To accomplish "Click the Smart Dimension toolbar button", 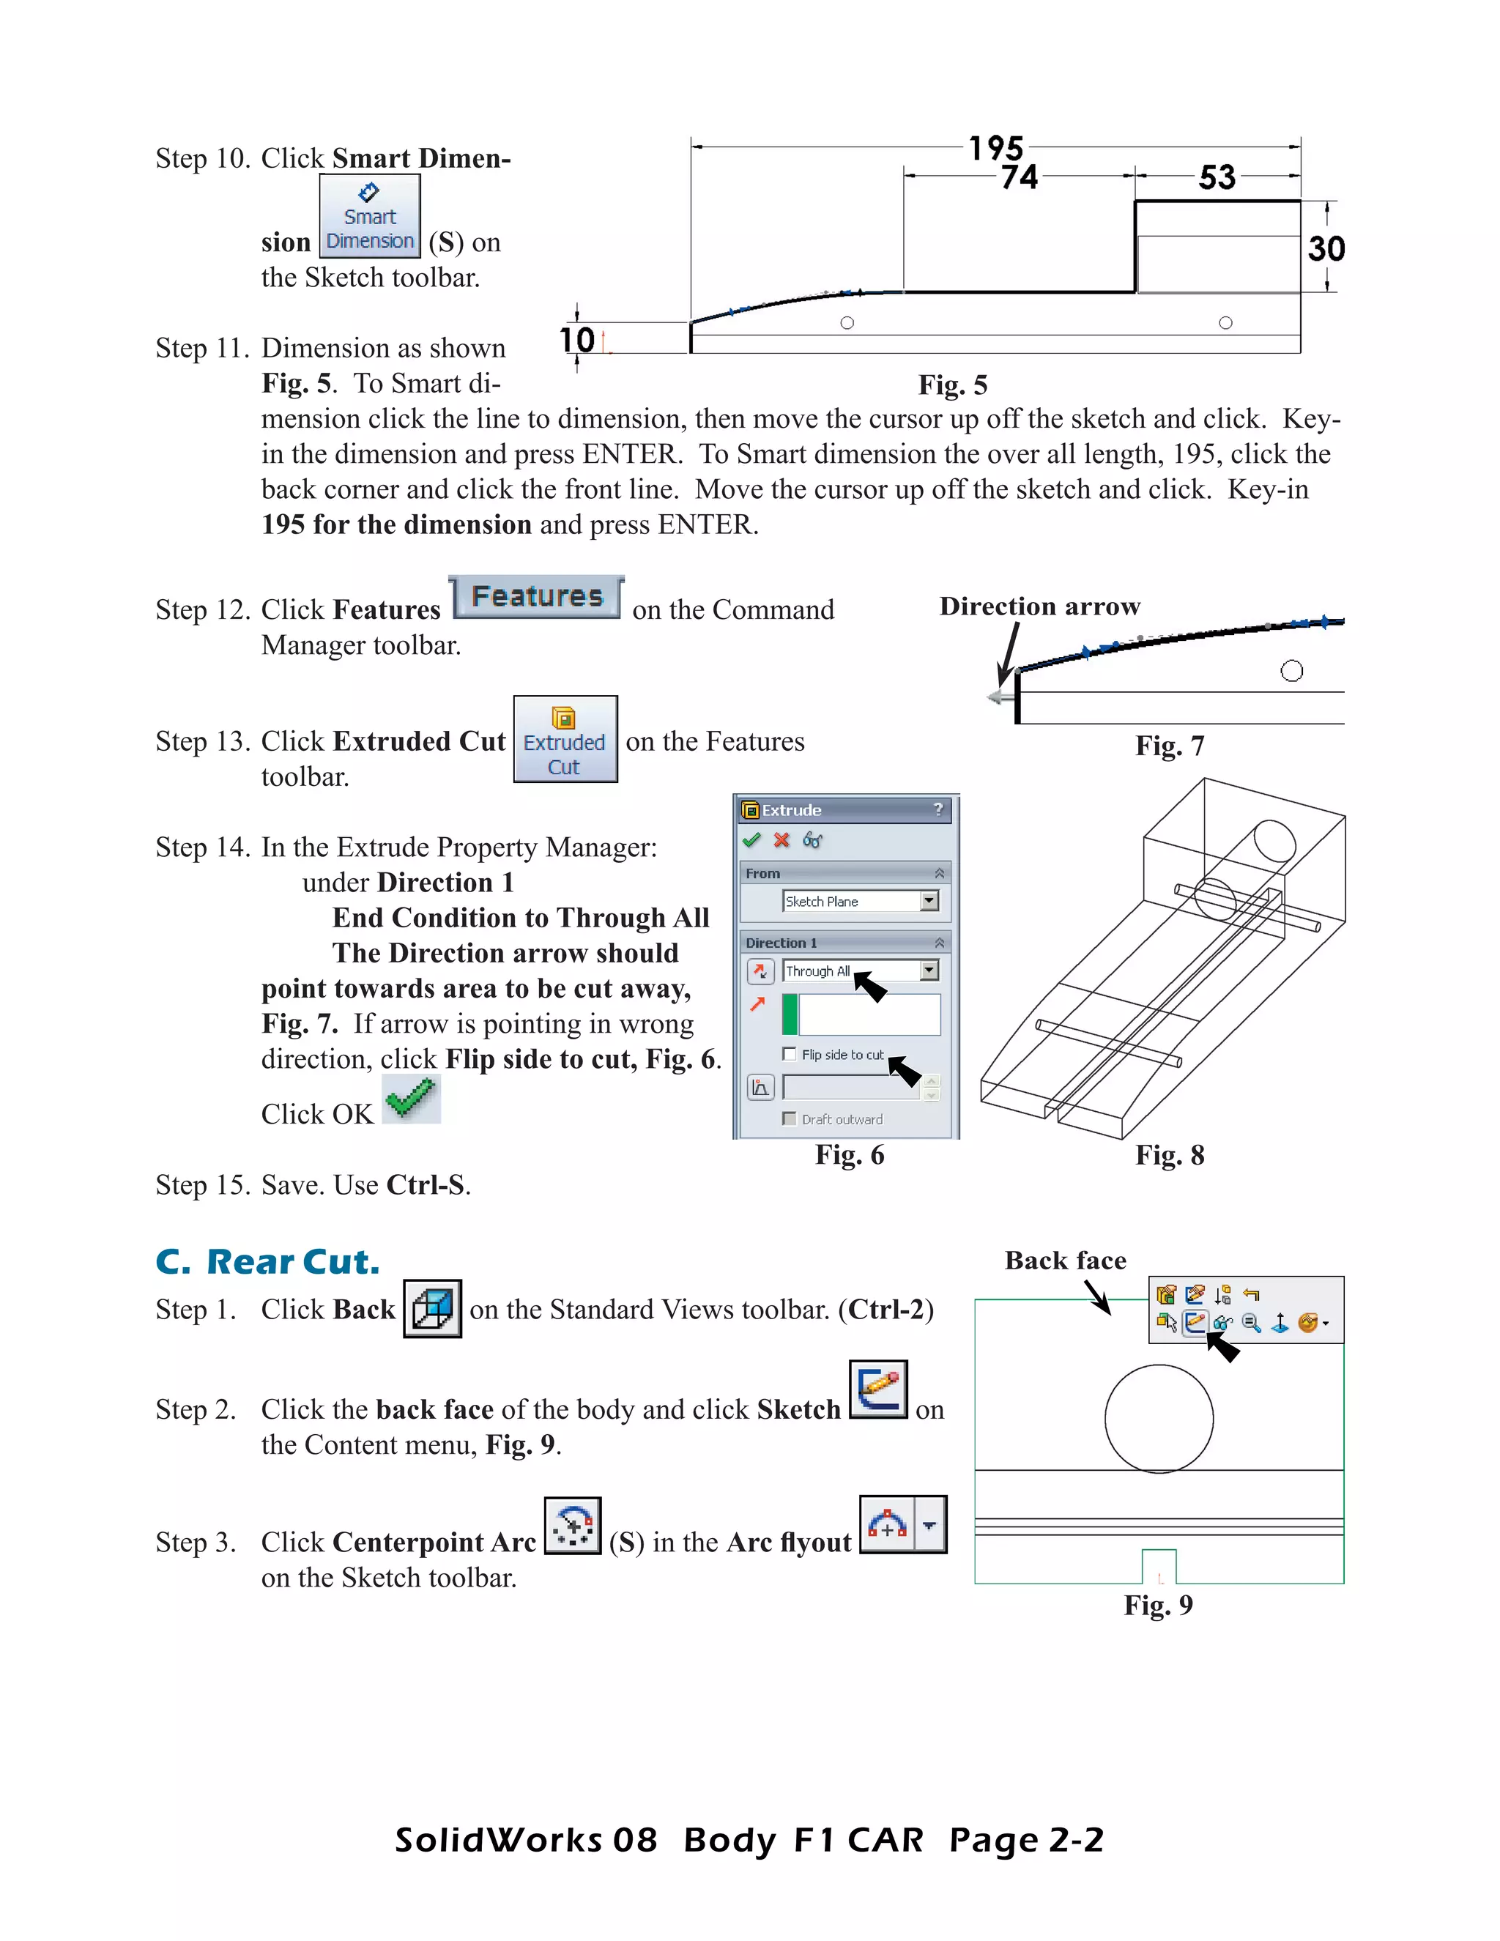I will click(370, 216).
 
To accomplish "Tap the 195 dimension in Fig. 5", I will click(995, 147).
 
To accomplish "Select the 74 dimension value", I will click(1020, 177).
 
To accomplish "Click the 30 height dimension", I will click(1326, 248).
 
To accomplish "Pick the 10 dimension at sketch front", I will click(578, 340).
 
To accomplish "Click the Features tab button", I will click(537, 596).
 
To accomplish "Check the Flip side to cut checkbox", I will click(789, 1054).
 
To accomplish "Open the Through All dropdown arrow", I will click(929, 970).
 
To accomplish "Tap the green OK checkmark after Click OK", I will click(412, 1099).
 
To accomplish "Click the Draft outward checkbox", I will click(789, 1119).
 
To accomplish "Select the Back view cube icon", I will click(433, 1308).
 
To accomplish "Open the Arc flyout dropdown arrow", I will click(929, 1525).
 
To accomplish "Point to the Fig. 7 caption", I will click(1170, 746).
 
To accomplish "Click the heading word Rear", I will click(250, 1262).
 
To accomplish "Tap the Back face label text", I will click(1066, 1261).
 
